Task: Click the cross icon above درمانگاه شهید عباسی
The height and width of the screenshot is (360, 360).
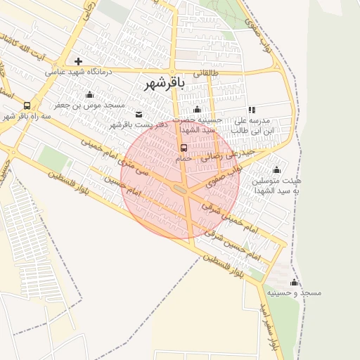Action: point(79,61)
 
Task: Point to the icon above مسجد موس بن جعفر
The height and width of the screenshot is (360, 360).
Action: point(89,95)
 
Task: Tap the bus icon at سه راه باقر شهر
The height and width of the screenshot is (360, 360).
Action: point(27,105)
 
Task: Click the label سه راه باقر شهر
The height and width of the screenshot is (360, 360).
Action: point(27,115)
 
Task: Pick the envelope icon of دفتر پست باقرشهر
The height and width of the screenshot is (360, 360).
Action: point(139,114)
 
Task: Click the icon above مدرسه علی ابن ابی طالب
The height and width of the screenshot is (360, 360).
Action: point(252,110)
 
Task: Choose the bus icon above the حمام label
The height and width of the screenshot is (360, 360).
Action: point(184,148)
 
